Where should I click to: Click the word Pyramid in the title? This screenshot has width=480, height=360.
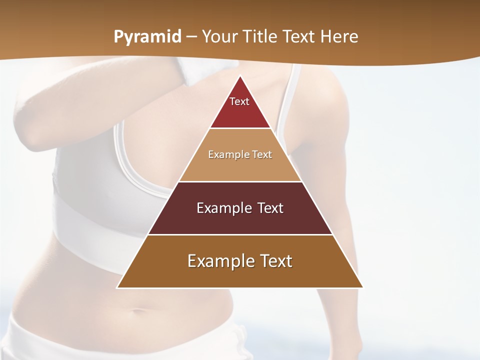click(x=147, y=37)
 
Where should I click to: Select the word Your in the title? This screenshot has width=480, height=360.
click(x=219, y=36)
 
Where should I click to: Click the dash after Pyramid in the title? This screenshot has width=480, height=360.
click(x=191, y=37)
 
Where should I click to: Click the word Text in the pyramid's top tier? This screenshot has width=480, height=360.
click(x=239, y=101)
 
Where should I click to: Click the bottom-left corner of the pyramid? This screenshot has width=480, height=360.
click(x=117, y=287)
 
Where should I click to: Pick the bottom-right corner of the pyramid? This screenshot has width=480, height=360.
click(x=362, y=287)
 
